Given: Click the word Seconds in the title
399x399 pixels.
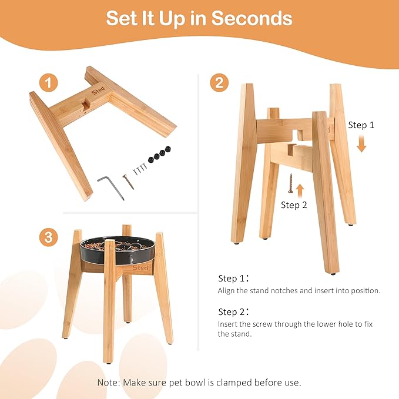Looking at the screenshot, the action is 252,18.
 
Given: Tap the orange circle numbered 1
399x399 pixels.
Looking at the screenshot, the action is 48,83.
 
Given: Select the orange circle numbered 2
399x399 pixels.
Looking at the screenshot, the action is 219,83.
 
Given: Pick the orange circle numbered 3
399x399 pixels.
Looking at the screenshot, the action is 48,237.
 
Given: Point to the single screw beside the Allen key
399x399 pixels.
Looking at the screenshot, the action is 128,182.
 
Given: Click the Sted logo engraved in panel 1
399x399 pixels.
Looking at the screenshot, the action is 98,90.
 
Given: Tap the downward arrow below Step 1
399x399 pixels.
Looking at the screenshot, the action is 361,144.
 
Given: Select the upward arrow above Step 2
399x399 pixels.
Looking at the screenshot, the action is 300,191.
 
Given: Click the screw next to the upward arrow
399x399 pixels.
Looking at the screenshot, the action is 290,183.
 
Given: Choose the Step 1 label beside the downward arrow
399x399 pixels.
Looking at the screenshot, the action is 361,125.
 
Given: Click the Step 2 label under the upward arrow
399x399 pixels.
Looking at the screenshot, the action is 294,205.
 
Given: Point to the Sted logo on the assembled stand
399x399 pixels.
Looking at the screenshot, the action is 140,268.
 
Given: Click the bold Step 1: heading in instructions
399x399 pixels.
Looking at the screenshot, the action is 233,278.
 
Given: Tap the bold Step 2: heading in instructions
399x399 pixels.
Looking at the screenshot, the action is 233,311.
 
